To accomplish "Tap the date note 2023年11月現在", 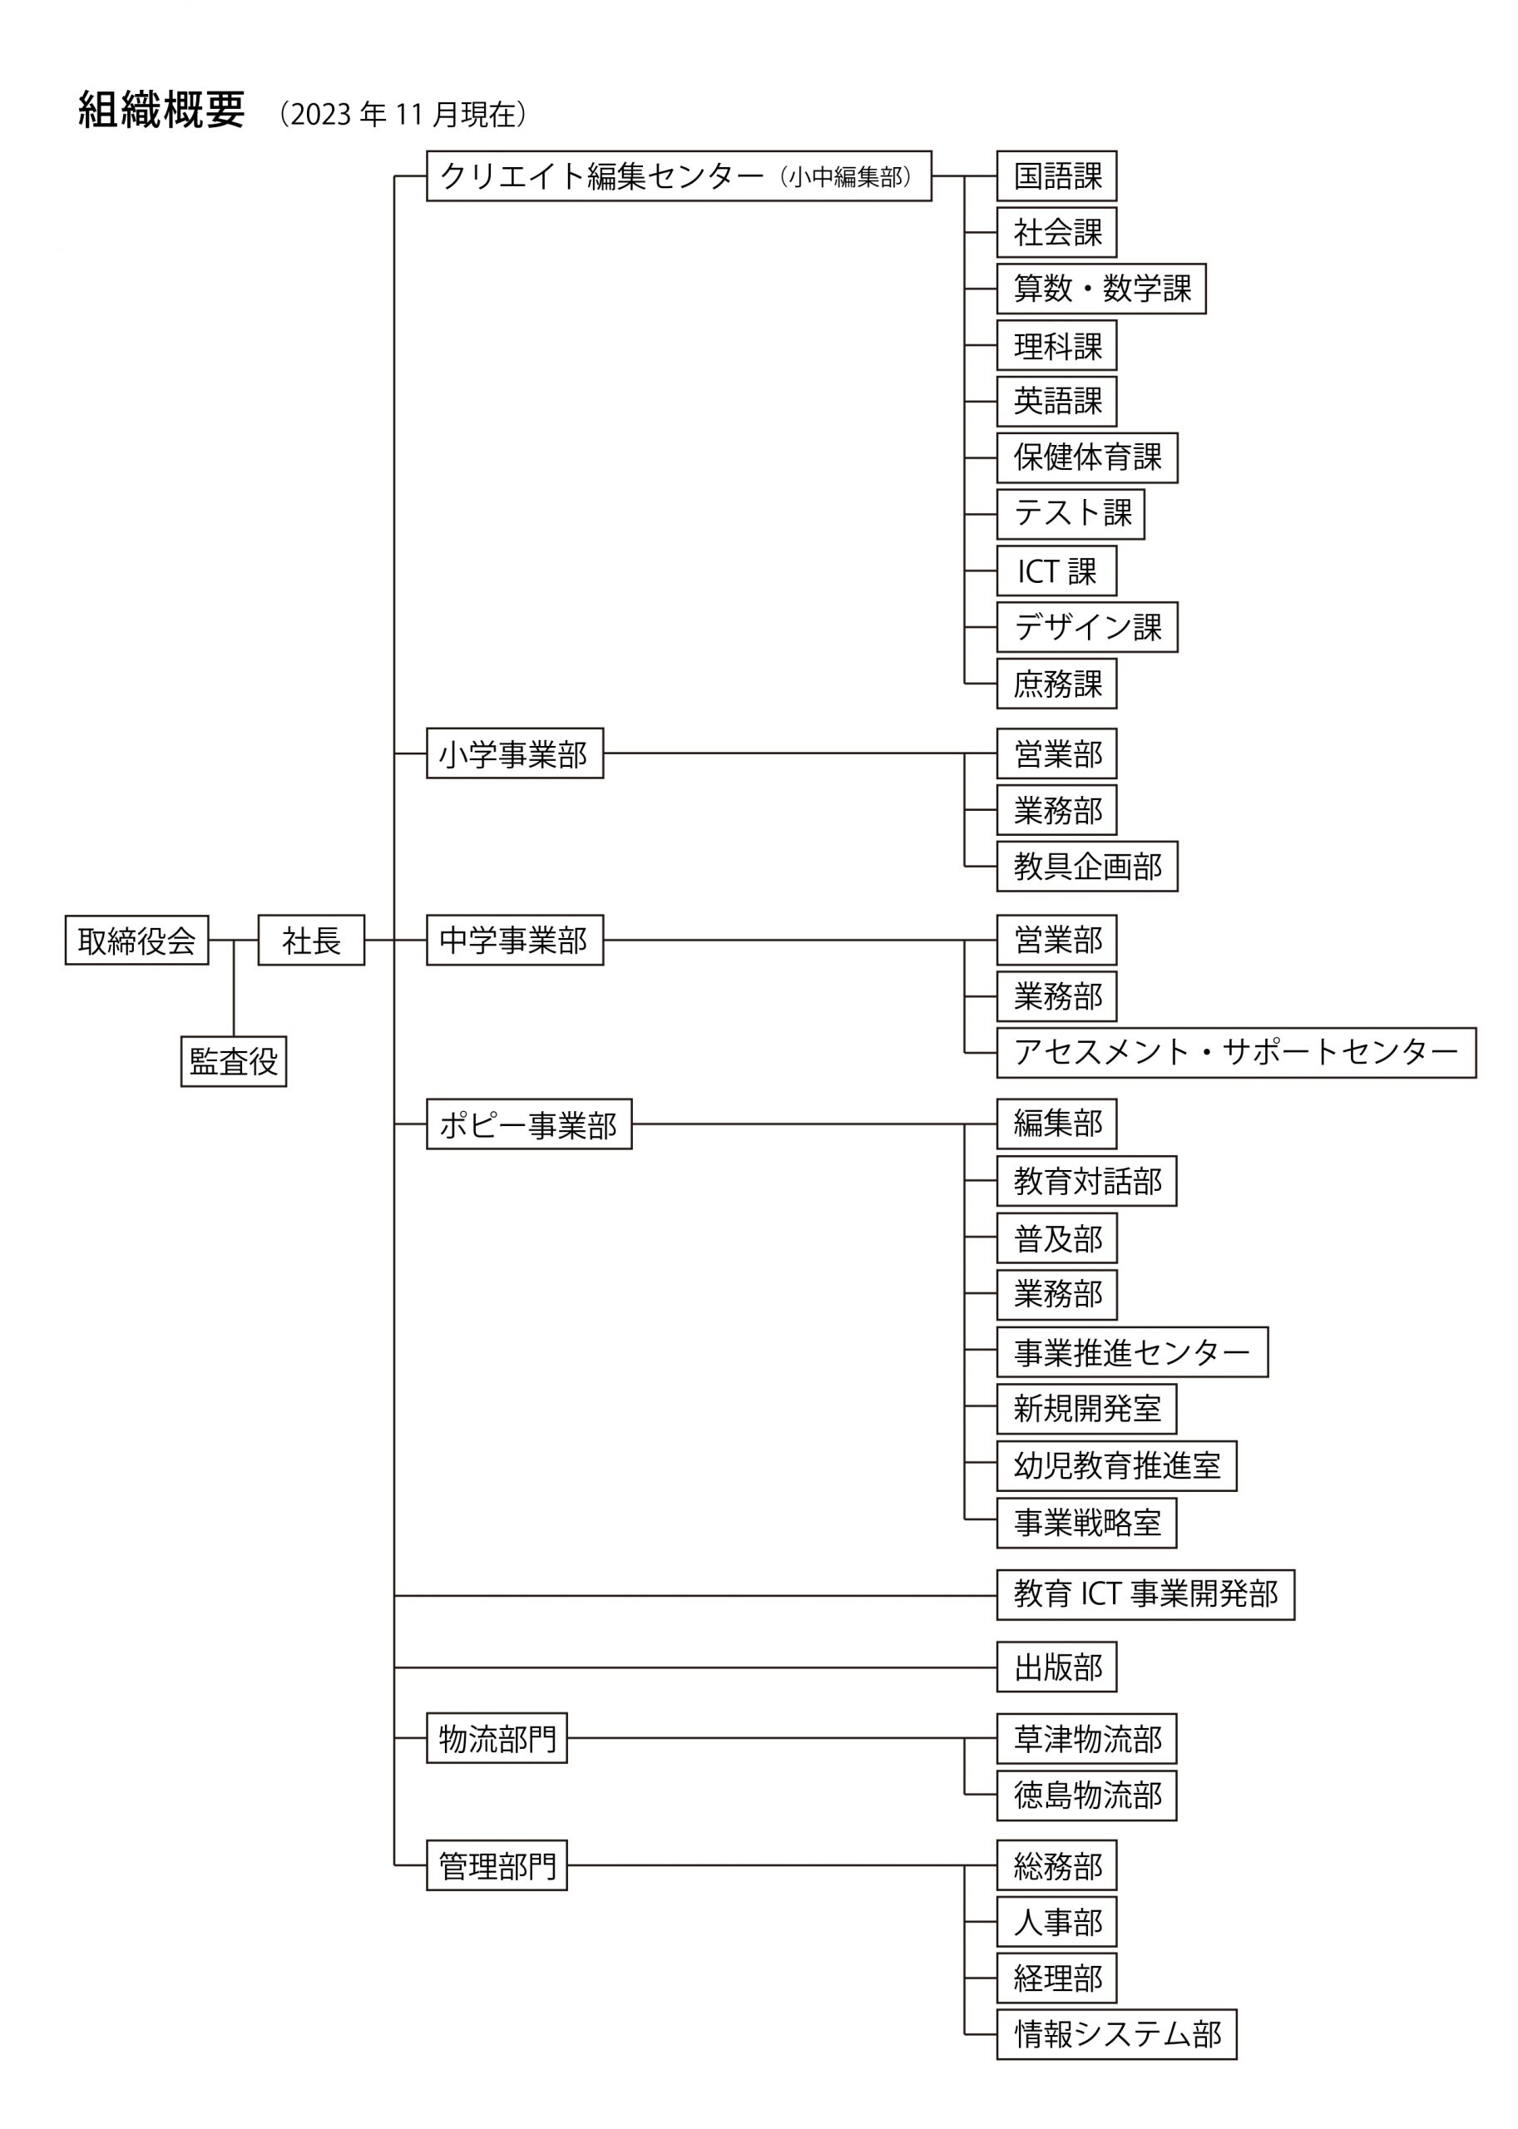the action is (403, 114).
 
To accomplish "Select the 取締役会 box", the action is (136, 941).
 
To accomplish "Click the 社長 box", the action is (311, 941).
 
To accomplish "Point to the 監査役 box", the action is (234, 1062).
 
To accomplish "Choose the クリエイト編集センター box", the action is (679, 175).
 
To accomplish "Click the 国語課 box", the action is (1056, 175).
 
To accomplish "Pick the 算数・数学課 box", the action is (1101, 289).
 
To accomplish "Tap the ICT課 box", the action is (1056, 571).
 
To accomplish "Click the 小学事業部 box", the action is (515, 753).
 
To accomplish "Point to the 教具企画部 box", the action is (1087, 867).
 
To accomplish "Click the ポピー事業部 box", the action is (529, 1124).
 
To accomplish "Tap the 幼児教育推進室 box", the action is (1117, 1465).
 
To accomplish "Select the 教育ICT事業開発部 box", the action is (1146, 1594).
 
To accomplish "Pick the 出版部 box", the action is (1056, 1667).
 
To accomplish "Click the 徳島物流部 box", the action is (1087, 1796).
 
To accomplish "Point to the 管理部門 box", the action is (497, 1865).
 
